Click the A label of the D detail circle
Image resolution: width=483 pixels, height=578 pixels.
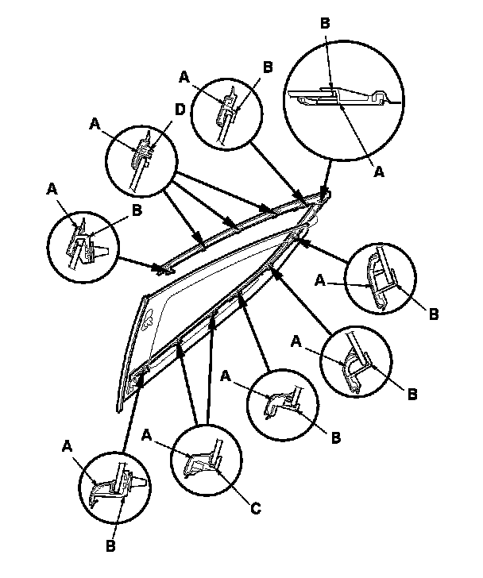coord(96,124)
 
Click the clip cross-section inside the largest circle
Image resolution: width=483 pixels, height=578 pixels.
coord(342,97)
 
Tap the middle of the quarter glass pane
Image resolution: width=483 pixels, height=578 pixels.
coord(207,286)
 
